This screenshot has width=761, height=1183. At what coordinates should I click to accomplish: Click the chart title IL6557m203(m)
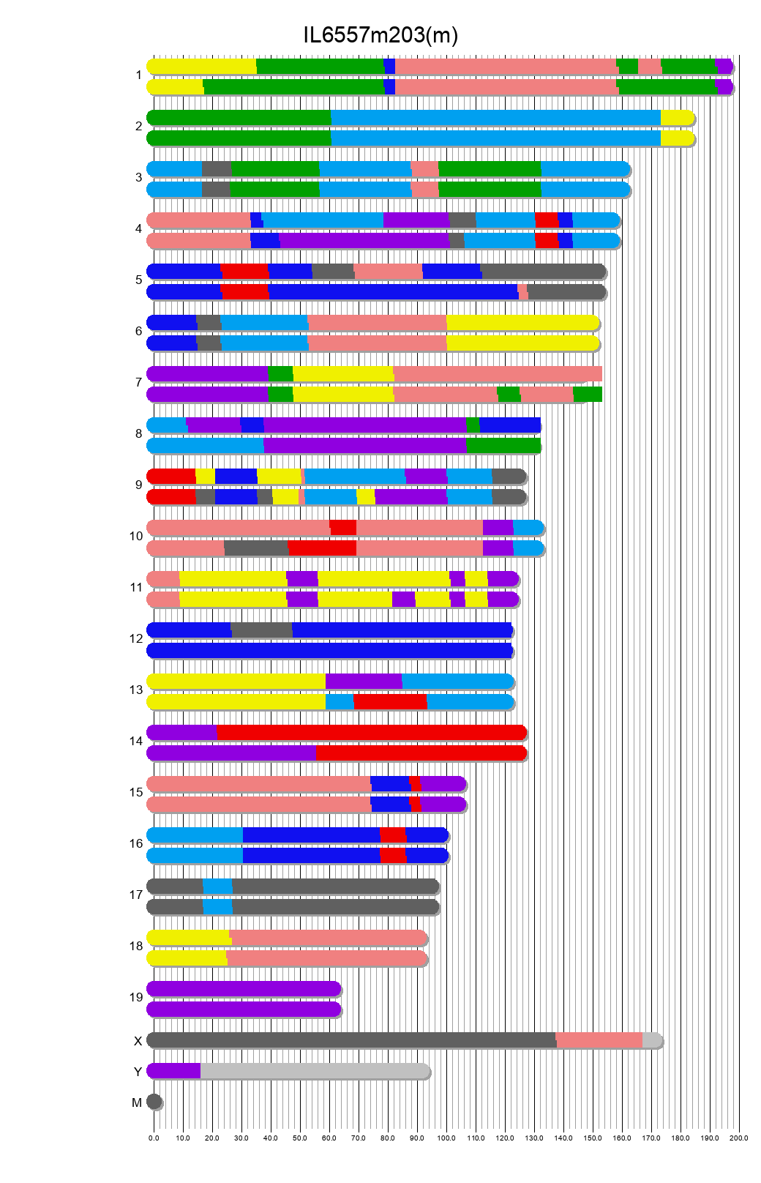tap(380, 35)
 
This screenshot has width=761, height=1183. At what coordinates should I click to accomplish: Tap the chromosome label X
tap(138, 1041)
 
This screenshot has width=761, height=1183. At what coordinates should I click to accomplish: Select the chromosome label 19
tap(136, 997)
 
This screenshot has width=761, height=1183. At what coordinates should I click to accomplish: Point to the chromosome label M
tap(137, 1102)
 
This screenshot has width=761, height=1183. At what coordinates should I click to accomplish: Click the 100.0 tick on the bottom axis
tap(446, 1138)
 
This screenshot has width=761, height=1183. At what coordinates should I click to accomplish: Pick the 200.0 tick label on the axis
tap(739, 1138)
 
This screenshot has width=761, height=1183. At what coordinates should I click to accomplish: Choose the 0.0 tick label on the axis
tap(154, 1138)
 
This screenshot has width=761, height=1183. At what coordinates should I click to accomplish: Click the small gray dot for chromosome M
tap(154, 1102)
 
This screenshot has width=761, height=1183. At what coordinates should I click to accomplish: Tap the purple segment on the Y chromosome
tap(174, 1071)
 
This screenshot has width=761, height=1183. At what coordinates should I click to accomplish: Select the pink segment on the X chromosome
tap(599, 1040)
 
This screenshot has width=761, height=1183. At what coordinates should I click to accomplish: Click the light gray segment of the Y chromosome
tap(315, 1071)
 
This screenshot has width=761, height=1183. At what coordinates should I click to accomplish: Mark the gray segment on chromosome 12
tap(261, 630)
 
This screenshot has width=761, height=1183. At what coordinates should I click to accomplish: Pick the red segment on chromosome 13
tap(390, 702)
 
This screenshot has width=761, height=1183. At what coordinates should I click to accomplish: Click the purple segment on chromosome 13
tap(364, 682)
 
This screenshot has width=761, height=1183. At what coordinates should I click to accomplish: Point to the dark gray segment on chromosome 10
tap(256, 548)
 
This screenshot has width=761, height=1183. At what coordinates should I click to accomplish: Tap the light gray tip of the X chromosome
tap(651, 1040)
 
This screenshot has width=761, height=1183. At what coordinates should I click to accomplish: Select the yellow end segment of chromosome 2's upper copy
tap(676, 118)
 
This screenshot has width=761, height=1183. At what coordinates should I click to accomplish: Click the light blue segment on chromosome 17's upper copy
tap(217, 887)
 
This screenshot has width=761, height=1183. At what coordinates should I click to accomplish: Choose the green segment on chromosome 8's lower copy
tap(503, 446)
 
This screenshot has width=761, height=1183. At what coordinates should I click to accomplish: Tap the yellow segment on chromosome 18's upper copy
tap(188, 938)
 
